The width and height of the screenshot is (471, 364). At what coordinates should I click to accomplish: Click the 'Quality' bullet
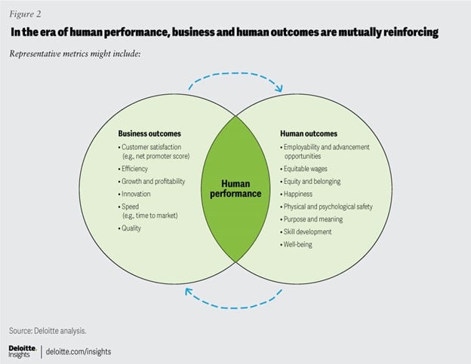click(x=133, y=228)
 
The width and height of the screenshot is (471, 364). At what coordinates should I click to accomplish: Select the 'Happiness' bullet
click(x=300, y=194)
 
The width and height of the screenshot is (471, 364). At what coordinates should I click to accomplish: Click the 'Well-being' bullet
click(x=300, y=243)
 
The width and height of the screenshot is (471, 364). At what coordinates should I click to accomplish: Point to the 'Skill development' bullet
click(x=309, y=231)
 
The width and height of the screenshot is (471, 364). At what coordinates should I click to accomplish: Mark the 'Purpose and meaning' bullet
click(x=313, y=219)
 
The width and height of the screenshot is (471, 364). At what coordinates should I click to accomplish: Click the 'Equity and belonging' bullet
click(x=313, y=182)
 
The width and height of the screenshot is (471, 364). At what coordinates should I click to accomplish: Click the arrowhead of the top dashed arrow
click(x=279, y=89)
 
